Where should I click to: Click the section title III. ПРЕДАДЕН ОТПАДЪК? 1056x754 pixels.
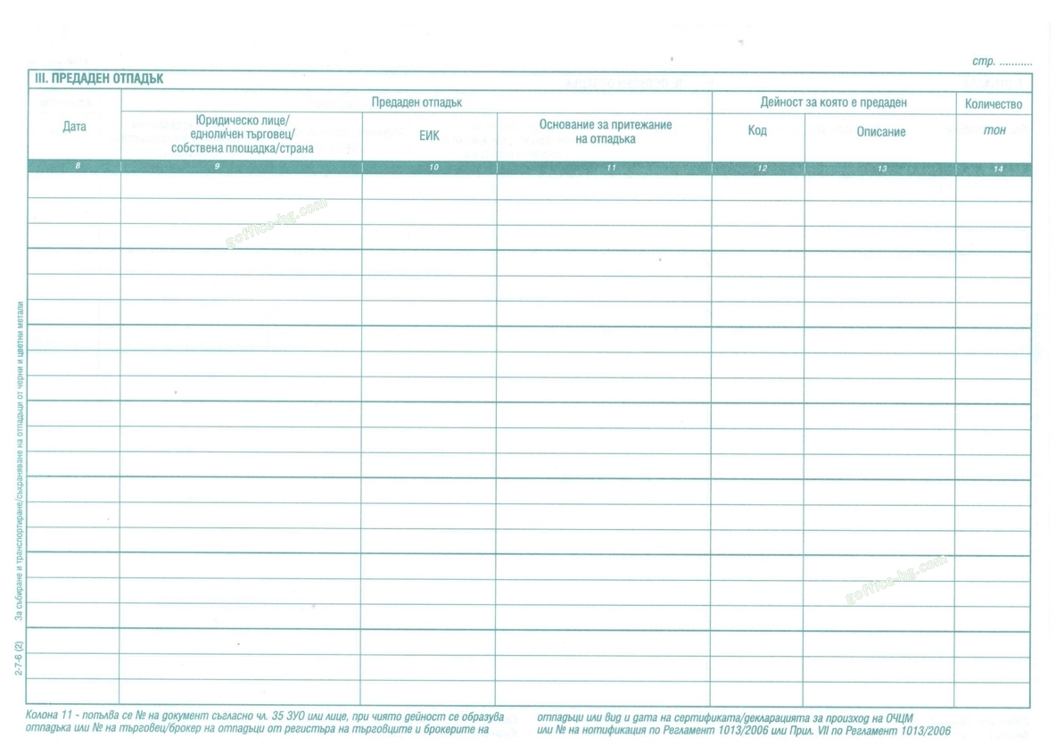(x=98, y=79)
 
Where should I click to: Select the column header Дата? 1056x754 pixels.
(x=75, y=127)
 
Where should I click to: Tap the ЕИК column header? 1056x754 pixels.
(x=429, y=137)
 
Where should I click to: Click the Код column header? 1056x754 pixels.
(x=757, y=131)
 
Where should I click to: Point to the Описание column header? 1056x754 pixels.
(x=880, y=132)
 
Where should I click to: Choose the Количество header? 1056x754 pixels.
(x=994, y=104)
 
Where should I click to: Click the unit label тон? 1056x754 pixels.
(x=994, y=131)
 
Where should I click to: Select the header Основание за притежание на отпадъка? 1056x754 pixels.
(x=605, y=132)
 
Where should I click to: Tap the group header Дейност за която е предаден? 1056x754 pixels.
(x=833, y=103)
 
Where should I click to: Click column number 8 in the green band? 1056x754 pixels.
(x=78, y=167)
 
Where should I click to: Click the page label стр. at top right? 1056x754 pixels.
(x=984, y=62)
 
